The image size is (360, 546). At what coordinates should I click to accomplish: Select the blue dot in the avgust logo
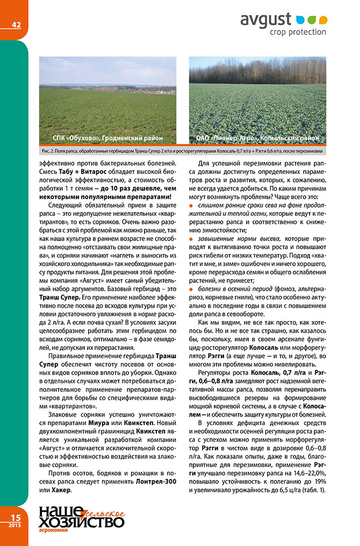click(301, 20)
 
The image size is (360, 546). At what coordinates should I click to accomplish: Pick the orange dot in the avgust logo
click(322, 20)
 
